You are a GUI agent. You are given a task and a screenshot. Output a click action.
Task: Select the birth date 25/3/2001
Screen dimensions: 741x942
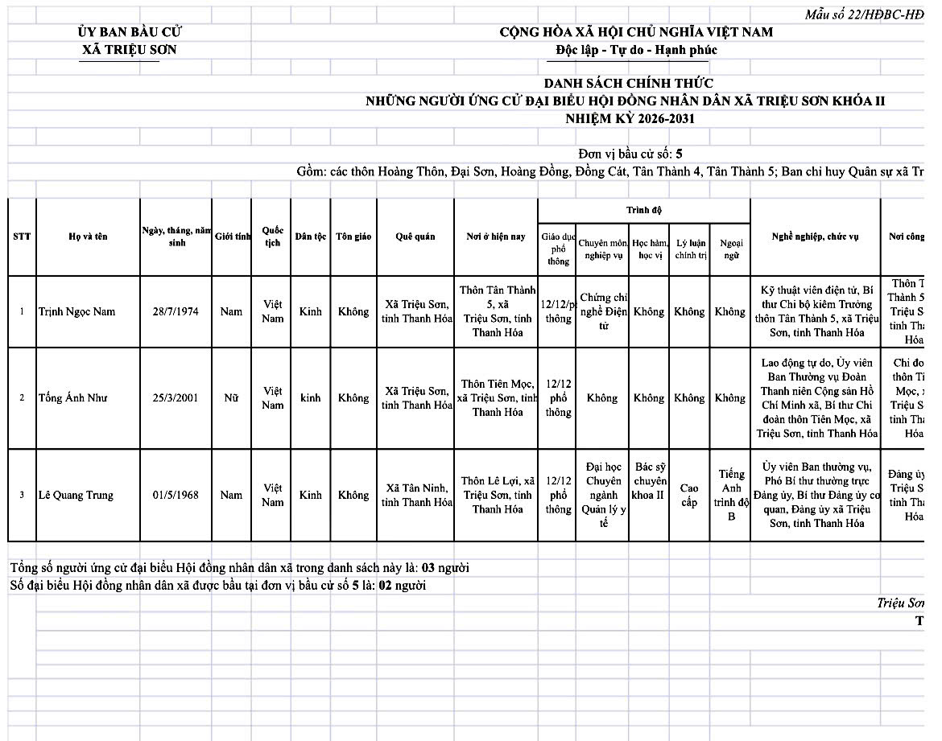click(x=176, y=398)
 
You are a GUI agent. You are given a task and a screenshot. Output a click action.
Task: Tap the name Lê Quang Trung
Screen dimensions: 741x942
click(x=76, y=496)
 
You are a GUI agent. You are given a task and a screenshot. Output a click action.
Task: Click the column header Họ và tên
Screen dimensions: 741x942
click(x=88, y=237)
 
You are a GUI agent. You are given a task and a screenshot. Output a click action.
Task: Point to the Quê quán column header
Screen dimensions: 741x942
click(x=415, y=237)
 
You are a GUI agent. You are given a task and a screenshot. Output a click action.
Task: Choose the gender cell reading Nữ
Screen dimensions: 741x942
click(x=231, y=398)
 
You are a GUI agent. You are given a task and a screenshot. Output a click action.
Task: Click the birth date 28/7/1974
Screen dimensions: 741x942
click(x=176, y=312)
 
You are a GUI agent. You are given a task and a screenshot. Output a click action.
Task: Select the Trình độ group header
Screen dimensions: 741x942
click(x=644, y=211)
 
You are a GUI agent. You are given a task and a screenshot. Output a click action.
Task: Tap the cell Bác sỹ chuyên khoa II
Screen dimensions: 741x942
click(x=649, y=481)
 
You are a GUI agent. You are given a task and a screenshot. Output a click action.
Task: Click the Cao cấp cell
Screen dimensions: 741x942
click(x=689, y=496)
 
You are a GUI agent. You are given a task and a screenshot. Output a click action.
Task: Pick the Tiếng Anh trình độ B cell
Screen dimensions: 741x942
click(x=731, y=496)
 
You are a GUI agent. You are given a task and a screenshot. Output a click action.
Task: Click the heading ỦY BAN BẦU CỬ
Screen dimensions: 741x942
click(x=130, y=32)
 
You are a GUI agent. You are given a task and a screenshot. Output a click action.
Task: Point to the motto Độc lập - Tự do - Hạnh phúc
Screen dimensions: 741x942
click(x=636, y=50)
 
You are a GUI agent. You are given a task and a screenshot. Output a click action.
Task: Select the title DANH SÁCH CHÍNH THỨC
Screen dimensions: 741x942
click(x=628, y=84)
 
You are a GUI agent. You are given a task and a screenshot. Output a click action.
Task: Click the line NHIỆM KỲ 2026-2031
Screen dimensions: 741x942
click(x=630, y=119)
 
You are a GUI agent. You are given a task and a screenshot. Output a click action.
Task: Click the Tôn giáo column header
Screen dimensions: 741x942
click(x=353, y=237)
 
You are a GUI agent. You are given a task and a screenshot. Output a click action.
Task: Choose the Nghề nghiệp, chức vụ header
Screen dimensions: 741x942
click(x=815, y=237)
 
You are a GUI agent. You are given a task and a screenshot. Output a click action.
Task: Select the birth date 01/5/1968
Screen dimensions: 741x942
click(x=176, y=496)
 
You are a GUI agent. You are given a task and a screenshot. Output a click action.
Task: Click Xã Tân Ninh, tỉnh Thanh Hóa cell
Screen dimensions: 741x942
click(x=415, y=496)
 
